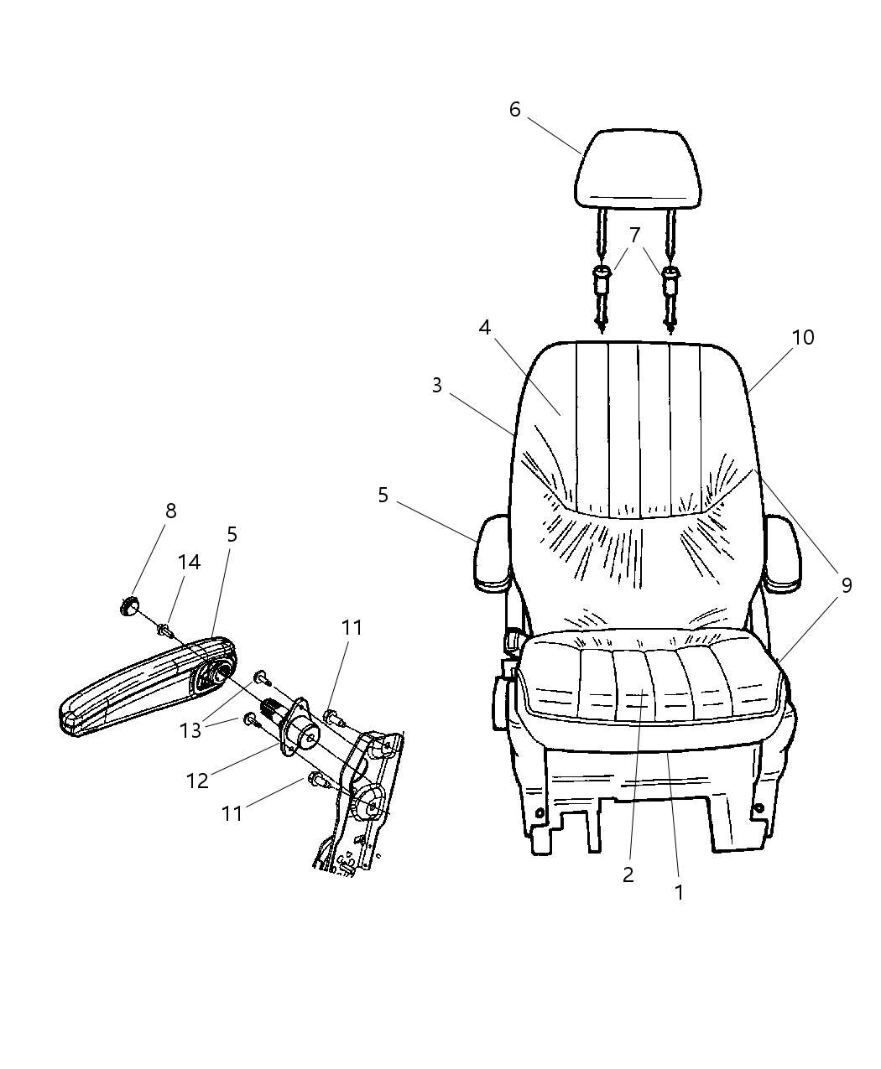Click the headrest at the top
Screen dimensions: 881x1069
click(637, 169)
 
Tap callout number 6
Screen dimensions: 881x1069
click(514, 110)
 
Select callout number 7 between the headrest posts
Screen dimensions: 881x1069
click(634, 235)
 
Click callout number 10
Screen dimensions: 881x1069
click(803, 337)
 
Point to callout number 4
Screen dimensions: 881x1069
click(484, 327)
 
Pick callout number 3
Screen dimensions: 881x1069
click(436, 386)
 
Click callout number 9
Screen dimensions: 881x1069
click(846, 585)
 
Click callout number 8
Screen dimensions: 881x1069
click(170, 511)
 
